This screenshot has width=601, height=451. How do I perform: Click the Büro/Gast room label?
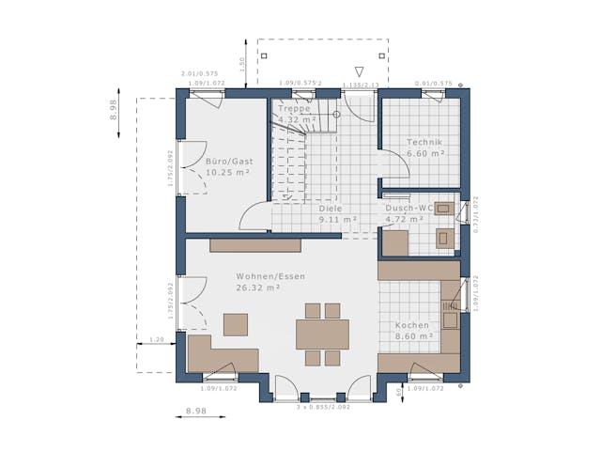click(x=228, y=161)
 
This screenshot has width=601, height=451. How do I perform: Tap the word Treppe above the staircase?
click(x=293, y=108)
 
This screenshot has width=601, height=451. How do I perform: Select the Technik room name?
click(x=424, y=142)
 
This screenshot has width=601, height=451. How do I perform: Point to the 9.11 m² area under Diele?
click(x=337, y=220)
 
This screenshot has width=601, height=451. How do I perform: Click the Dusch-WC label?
click(x=407, y=209)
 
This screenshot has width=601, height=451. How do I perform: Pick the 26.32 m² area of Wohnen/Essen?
click(x=259, y=288)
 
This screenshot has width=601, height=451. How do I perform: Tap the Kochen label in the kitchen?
click(x=412, y=325)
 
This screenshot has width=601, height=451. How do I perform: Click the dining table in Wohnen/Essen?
click(x=322, y=334)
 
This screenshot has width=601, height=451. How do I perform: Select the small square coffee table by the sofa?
click(x=236, y=324)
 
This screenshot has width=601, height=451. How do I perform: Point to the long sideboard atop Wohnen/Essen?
click(x=254, y=244)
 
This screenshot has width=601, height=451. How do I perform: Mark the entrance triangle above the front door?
click(x=358, y=71)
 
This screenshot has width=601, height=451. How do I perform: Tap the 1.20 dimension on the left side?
click(x=157, y=339)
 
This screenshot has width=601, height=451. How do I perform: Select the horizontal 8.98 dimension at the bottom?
click(x=195, y=411)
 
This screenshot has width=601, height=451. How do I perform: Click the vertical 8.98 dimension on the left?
click(x=114, y=111)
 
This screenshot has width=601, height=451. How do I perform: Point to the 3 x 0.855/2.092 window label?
click(x=323, y=407)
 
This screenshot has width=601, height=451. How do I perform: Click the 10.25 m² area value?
click(x=227, y=173)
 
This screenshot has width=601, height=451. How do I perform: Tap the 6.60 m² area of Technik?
click(x=424, y=153)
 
